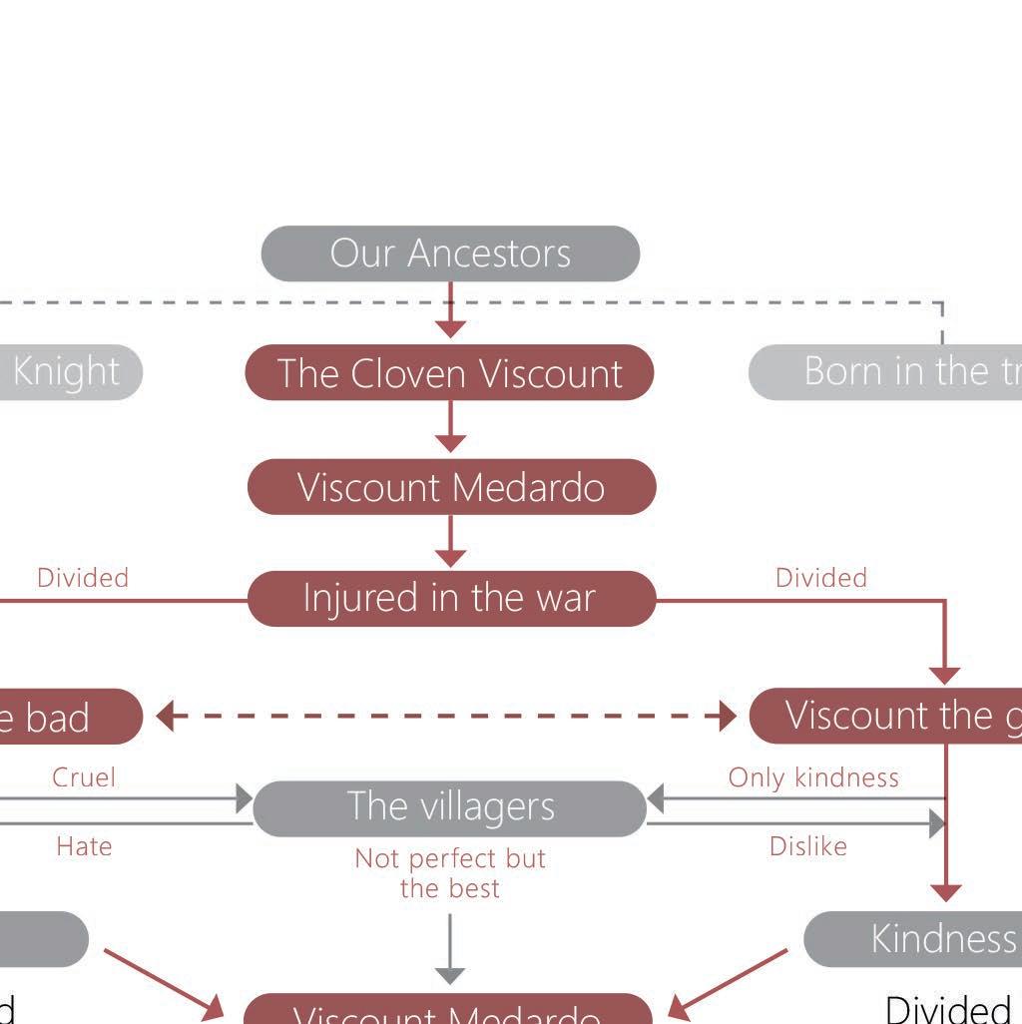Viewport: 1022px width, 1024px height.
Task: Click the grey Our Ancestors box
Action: [x=450, y=254]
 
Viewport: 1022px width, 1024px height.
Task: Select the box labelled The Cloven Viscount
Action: [x=450, y=372]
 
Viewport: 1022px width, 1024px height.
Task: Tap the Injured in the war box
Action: [x=451, y=599]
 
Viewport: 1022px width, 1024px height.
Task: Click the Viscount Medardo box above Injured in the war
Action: [x=451, y=487]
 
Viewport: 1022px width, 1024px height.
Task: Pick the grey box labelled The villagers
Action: [x=450, y=807]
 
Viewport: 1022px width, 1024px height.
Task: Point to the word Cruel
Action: [x=84, y=777]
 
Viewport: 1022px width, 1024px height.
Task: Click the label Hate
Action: [x=84, y=846]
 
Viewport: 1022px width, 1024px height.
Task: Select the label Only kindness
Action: [x=813, y=777]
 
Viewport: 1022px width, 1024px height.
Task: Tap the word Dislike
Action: [x=808, y=846]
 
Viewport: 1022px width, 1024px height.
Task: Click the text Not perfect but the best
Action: [x=450, y=873]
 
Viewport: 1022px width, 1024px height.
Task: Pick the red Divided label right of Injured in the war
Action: [x=821, y=578]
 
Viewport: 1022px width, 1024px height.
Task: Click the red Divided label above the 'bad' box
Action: [x=83, y=578]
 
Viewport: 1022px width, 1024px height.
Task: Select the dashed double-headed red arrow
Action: [x=446, y=716]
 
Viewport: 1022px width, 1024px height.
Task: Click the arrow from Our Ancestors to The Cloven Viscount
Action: [x=451, y=312]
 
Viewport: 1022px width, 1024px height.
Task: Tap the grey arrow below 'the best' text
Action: [x=451, y=949]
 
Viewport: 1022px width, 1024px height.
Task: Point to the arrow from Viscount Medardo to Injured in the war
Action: [x=451, y=542]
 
